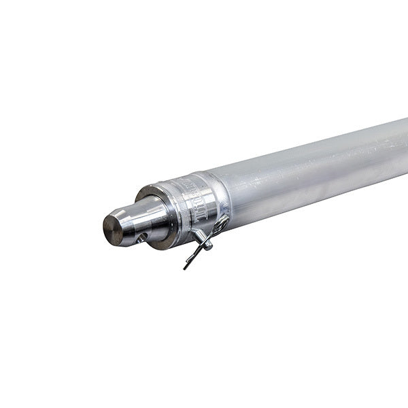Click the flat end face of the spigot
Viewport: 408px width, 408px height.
112,230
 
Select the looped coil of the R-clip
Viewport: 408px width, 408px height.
220,225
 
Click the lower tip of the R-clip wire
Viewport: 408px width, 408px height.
185,267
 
